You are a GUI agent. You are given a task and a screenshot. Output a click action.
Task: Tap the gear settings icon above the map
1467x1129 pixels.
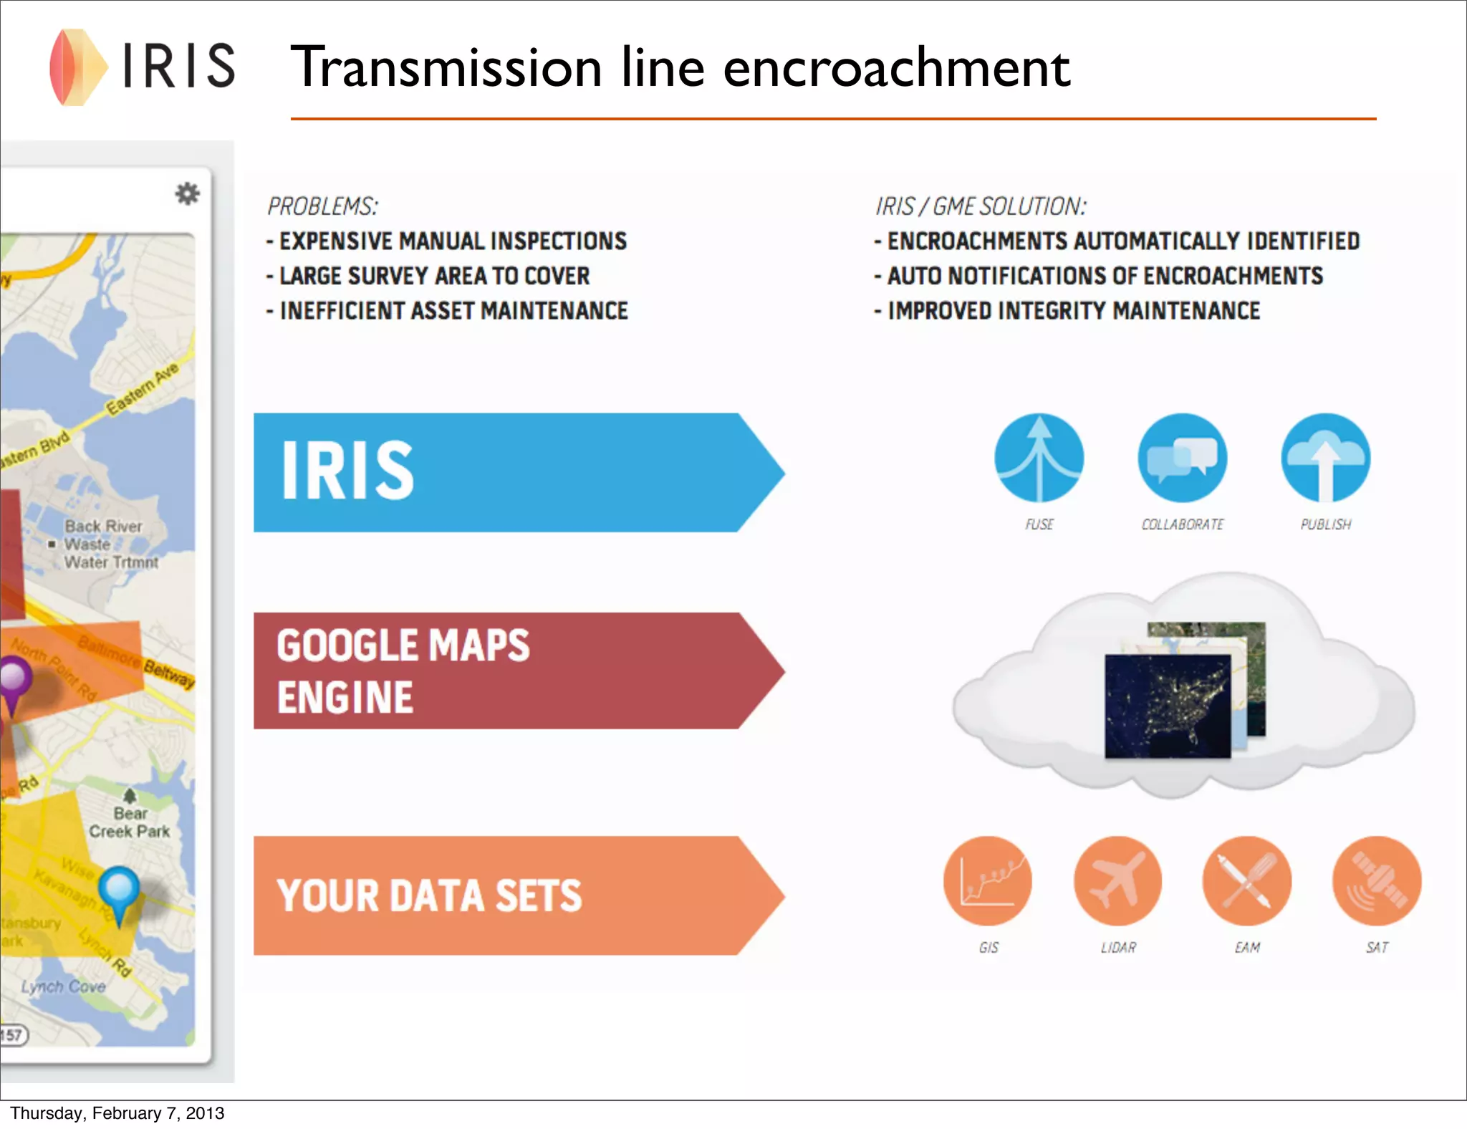pos(187,193)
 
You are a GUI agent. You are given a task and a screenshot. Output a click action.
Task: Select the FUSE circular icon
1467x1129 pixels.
pos(1039,458)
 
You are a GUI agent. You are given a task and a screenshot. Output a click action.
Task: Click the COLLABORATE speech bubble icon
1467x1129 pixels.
pos(1182,458)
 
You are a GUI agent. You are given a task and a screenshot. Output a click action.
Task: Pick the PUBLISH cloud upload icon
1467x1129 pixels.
pos(1325,458)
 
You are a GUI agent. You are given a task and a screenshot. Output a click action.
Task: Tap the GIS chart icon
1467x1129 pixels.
pos(988,880)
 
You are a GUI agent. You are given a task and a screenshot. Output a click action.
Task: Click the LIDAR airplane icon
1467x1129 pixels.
pos(1117,880)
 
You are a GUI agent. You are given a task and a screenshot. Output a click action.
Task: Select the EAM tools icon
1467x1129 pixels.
pos(1247,880)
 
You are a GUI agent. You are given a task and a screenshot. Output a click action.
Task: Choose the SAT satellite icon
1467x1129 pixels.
pos(1377,880)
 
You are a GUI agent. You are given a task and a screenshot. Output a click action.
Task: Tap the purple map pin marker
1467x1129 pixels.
pos(14,678)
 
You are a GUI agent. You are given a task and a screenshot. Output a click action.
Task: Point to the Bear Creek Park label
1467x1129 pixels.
pos(130,822)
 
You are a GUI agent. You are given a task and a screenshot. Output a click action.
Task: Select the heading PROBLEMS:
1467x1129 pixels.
pos(322,206)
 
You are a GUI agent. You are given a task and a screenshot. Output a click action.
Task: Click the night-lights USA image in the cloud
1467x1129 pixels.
pos(1168,706)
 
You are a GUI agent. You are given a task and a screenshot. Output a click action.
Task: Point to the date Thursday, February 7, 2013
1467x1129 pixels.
pos(117,1113)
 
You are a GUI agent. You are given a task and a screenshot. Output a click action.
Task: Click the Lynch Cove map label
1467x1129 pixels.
pos(63,986)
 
